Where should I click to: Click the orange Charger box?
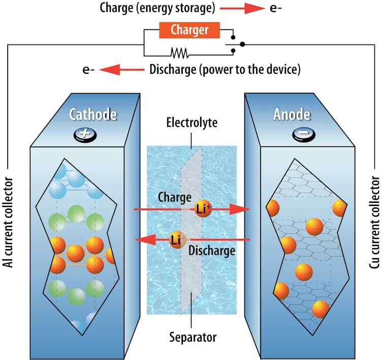pyautogui.click(x=189, y=31)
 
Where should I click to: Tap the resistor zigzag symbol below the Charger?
pyautogui.click(x=180, y=52)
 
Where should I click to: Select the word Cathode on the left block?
pyautogui.click(x=93, y=114)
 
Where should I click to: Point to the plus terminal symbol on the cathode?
pyautogui.click(x=85, y=134)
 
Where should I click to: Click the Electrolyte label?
pyautogui.click(x=191, y=123)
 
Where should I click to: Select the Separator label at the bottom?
pyautogui.click(x=191, y=337)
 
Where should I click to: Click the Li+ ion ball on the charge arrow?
pyautogui.click(x=202, y=209)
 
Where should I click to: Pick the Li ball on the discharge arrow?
pyautogui.click(x=177, y=239)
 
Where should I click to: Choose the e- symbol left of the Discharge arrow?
pyautogui.click(x=88, y=70)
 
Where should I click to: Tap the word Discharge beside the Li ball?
pyautogui.click(x=211, y=251)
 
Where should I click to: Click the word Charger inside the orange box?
pyautogui.click(x=189, y=31)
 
